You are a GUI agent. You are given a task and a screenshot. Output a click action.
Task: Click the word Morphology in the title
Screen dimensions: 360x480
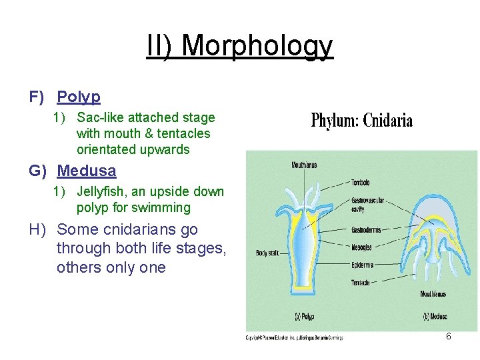pos(257,47)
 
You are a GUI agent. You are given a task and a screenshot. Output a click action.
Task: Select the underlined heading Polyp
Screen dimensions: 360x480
pos(79,97)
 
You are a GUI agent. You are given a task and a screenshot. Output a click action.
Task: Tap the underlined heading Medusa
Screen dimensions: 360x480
pos(87,171)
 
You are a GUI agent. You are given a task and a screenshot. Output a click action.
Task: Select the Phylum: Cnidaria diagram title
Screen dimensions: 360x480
pos(362,121)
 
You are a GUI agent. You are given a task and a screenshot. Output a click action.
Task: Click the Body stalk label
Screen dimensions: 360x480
pos(267,253)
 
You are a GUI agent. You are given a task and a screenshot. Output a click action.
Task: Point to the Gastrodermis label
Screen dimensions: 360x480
pos(366,230)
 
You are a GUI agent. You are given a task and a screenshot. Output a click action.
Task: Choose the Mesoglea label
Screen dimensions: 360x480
pos(363,247)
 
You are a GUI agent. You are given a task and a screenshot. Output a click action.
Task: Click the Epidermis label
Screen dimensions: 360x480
pos(363,265)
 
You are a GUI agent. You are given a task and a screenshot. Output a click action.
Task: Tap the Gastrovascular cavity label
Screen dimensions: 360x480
pos(367,205)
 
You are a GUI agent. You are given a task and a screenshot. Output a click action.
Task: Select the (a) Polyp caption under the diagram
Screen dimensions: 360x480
pos(305,316)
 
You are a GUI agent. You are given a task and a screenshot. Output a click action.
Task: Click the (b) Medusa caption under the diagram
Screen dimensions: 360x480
pos(433,316)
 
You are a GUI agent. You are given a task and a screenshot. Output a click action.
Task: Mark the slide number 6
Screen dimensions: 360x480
pos(449,337)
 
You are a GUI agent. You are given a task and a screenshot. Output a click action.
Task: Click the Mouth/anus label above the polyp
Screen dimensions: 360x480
pos(304,164)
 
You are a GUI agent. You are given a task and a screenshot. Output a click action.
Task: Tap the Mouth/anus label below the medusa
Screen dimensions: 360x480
pos(433,294)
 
